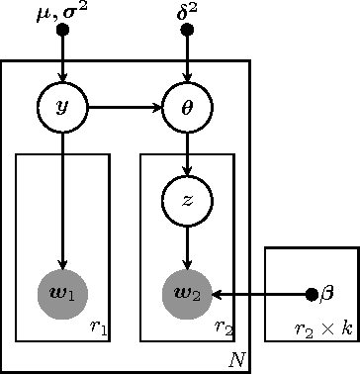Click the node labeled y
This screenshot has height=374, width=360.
click(x=62, y=105)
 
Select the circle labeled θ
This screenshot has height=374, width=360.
click(x=188, y=105)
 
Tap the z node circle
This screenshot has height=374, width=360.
click(x=188, y=199)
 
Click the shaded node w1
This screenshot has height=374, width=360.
click(x=62, y=293)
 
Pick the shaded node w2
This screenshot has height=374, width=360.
click(x=188, y=293)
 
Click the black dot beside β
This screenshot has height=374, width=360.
click(x=313, y=294)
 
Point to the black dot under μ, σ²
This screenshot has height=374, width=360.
click(x=62, y=30)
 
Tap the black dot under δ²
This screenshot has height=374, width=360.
click(x=188, y=30)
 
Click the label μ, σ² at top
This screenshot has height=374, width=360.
click(x=61, y=11)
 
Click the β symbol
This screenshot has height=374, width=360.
click(x=328, y=294)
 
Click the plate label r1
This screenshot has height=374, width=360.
click(x=97, y=326)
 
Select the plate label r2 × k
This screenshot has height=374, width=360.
click(x=324, y=327)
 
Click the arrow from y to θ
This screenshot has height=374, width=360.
click(x=125, y=105)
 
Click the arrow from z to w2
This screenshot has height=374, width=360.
click(x=188, y=245)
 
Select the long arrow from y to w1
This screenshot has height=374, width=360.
click(x=62, y=198)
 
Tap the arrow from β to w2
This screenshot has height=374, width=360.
click(x=262, y=294)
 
